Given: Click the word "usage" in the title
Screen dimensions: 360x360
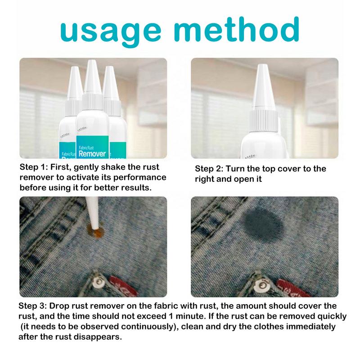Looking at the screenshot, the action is click(x=111, y=31).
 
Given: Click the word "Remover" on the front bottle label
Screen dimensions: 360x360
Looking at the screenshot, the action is click(x=92, y=153).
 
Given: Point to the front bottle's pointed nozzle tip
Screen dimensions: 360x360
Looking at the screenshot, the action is click(x=92, y=61).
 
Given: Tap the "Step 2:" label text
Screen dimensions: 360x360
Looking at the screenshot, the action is click(x=209, y=169).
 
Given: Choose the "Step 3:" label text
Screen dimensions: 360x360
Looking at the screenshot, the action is click(x=32, y=306).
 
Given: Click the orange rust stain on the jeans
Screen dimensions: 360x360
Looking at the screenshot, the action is click(x=95, y=231).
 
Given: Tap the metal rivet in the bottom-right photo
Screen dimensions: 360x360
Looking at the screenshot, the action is click(x=262, y=285).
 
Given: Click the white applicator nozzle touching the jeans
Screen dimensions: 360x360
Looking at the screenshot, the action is click(x=93, y=213).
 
